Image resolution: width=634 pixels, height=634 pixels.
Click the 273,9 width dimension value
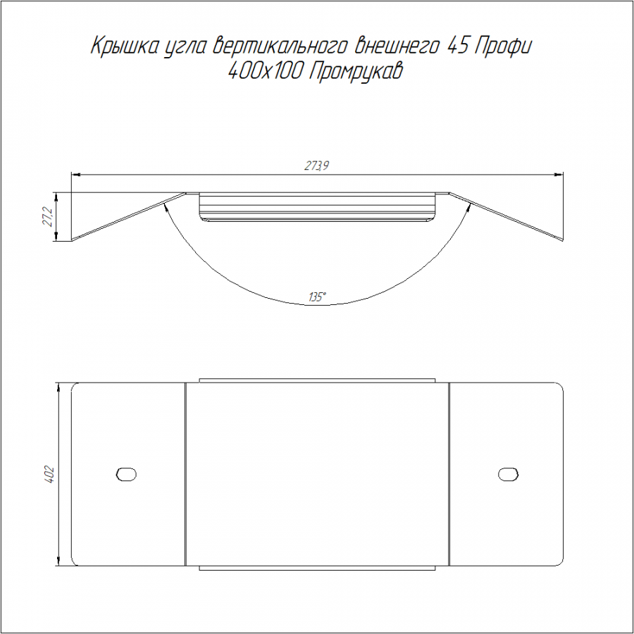coord(316,166)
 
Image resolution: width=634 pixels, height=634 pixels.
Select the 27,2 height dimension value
coord(48,217)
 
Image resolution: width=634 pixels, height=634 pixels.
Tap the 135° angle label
coord(317,297)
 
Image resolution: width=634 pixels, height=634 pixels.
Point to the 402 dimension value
coord(49,475)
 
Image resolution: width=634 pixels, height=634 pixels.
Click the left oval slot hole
coord(126,474)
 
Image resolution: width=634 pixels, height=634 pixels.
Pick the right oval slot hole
coord(508,474)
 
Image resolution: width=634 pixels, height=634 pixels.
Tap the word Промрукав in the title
coord(356,73)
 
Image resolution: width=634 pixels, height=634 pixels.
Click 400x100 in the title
coord(266,73)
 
